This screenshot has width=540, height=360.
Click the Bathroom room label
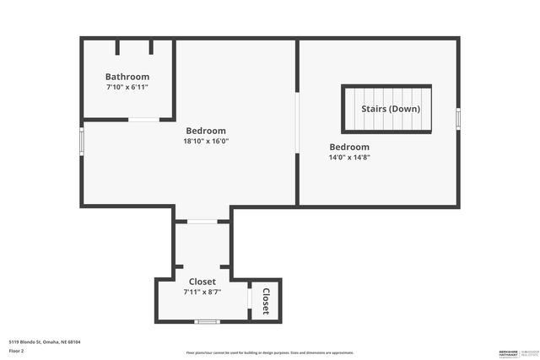coord(127,77)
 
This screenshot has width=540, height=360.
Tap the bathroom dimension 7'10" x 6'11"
coord(127,87)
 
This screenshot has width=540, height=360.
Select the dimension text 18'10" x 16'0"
coord(206,141)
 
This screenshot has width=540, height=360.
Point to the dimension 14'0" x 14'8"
coord(349,157)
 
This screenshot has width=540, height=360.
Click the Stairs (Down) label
coord(391,109)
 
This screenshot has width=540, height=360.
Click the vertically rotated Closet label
coord(265,301)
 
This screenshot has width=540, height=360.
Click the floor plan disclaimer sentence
coord(270,352)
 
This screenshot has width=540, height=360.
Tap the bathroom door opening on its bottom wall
coord(143,120)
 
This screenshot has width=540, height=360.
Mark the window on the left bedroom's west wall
coord(82,140)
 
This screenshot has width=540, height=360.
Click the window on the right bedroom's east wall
coord(458,118)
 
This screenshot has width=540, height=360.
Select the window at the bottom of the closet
coord(207,321)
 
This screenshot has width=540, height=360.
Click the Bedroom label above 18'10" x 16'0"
coord(206,131)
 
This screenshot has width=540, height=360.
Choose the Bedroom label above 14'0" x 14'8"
coord(349,147)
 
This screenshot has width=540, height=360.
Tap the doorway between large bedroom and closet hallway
coord(202,222)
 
